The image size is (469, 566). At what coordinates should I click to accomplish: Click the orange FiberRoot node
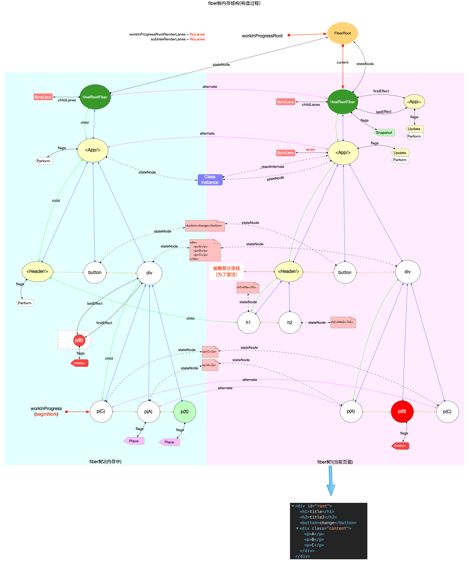coord(342,33)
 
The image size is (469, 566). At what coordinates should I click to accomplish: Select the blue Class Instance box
coord(210,180)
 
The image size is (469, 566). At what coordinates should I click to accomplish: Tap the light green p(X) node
coord(185,412)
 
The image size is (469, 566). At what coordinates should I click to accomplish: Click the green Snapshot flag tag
coord(384,133)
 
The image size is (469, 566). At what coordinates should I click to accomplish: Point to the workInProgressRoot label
coord(262,36)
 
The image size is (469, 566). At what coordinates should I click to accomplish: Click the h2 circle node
coord(290,323)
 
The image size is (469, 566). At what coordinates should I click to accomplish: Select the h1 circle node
coord(248,323)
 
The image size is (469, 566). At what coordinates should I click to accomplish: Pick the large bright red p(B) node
coord(402,412)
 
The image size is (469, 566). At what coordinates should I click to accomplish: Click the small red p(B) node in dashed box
coord(79,340)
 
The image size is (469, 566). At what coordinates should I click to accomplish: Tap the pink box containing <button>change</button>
coord(204,225)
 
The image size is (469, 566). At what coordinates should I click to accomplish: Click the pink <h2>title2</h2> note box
coord(343,322)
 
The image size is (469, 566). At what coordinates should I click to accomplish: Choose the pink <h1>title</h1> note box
coord(247,287)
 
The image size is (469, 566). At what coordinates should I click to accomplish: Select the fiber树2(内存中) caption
coord(105,462)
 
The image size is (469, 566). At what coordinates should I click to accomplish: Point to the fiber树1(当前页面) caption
coord(335,462)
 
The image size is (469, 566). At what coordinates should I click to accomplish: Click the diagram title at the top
coord(234,3)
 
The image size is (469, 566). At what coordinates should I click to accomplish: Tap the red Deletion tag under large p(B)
coord(400,446)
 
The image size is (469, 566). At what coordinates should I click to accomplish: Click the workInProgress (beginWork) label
coord(46,411)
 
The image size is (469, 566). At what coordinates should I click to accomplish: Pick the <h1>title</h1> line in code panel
coord(317,511)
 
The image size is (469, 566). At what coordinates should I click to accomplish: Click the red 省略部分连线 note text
coord(226,271)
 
